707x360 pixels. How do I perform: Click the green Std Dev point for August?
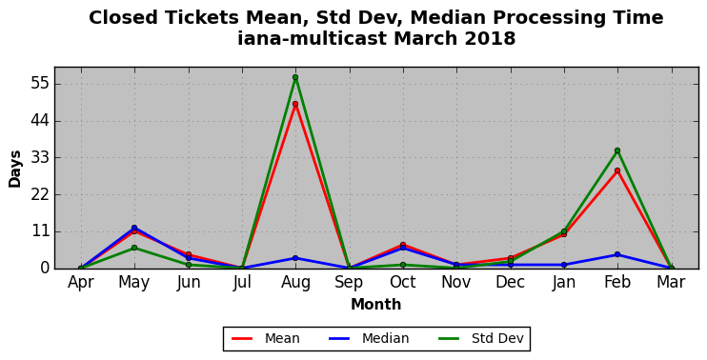[x=295, y=77]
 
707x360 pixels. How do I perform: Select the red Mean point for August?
[x=295, y=104]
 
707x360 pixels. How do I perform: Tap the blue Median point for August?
[x=295, y=258]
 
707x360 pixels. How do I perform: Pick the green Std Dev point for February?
[x=617, y=150]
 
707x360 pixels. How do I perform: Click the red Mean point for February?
[x=617, y=170]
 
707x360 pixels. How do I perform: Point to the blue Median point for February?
[x=617, y=254]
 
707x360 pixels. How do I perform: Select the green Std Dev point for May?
[x=134, y=248]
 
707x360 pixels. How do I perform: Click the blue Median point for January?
[x=564, y=265]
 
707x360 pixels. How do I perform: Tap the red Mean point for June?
[x=189, y=254]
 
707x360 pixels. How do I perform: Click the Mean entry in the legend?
[x=266, y=338]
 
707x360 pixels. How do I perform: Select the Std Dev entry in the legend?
[x=480, y=338]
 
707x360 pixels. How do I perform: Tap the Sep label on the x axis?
[x=349, y=283]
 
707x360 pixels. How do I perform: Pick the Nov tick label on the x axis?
[x=456, y=283]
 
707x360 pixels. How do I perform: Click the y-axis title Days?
[x=15, y=169]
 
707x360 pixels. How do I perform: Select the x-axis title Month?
[x=376, y=304]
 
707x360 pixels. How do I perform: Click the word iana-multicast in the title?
[x=312, y=39]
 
